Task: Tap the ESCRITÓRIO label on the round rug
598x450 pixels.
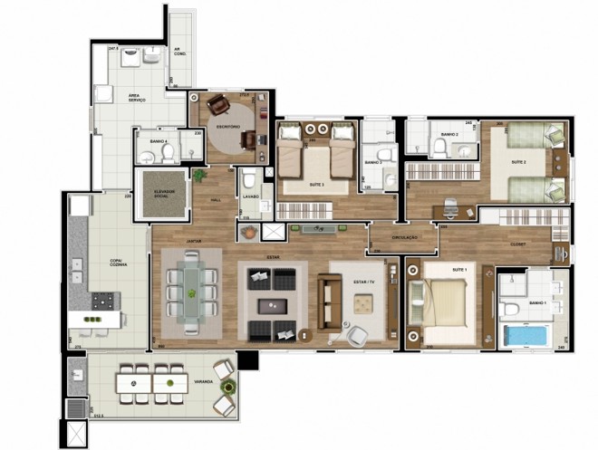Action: pos(227,127)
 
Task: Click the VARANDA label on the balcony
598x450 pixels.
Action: pos(203,382)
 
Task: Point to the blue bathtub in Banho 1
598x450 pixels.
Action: pos(526,334)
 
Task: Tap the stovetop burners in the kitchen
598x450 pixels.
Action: pos(101,298)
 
